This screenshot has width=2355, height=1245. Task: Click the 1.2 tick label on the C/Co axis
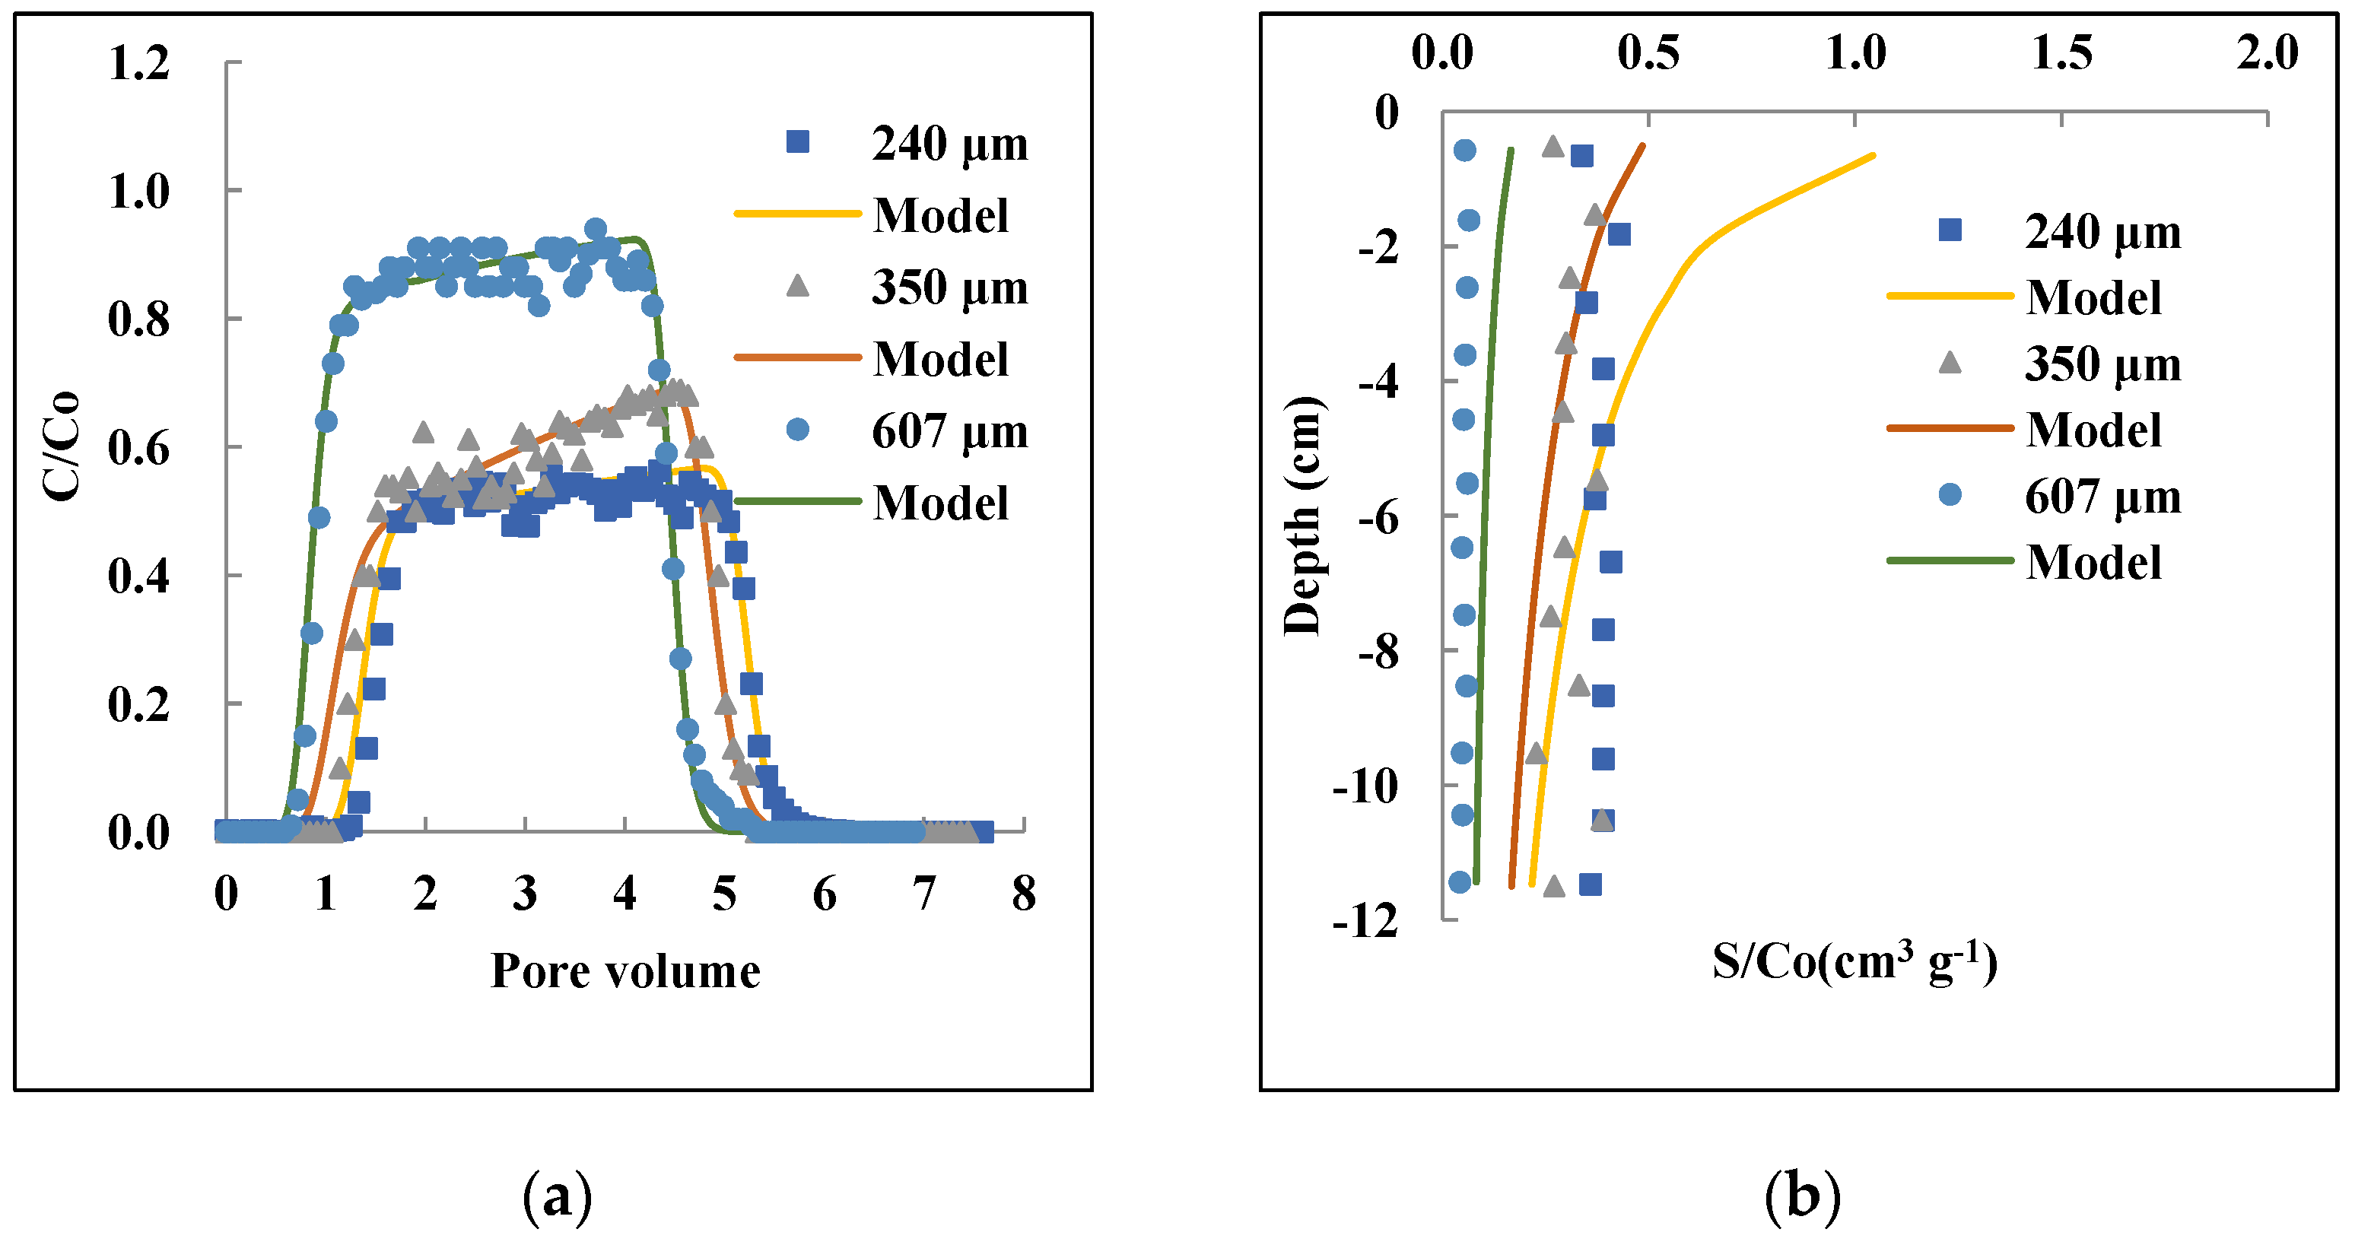tap(139, 64)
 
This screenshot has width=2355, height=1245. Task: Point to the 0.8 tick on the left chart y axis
tap(139, 320)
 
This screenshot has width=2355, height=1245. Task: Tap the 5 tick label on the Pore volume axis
tap(724, 894)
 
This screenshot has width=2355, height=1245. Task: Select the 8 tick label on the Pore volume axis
tap(1024, 894)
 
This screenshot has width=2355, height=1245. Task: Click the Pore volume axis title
tap(625, 970)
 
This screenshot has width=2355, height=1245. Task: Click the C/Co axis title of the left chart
tap(62, 446)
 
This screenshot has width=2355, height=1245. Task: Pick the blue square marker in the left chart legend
tap(797, 141)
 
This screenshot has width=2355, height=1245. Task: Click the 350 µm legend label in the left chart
tap(949, 287)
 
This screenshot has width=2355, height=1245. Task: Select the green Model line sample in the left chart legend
tap(797, 501)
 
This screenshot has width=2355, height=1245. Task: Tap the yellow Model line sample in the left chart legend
tap(797, 214)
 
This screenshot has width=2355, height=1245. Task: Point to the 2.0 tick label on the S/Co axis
tap(2268, 52)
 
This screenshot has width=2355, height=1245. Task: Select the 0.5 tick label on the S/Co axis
tap(1648, 52)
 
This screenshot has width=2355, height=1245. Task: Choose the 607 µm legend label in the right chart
tap(2102, 497)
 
